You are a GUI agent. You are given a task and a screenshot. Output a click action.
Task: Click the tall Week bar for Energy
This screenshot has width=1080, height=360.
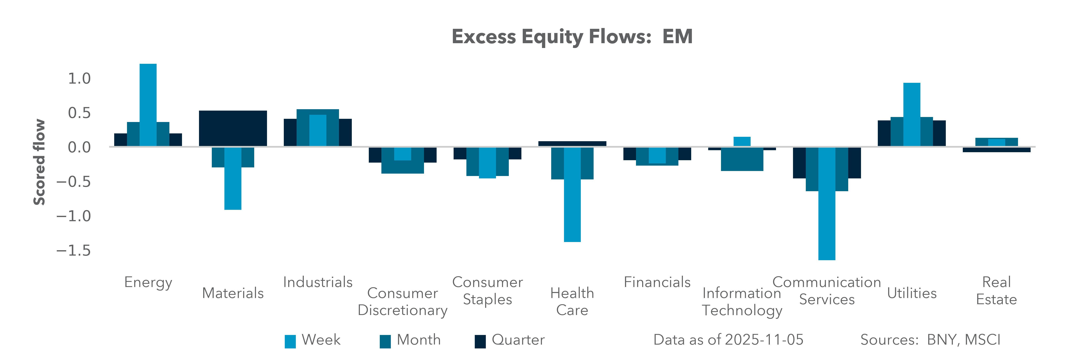click(x=148, y=105)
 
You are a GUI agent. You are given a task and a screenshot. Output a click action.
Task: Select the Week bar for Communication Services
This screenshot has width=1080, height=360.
click(x=827, y=203)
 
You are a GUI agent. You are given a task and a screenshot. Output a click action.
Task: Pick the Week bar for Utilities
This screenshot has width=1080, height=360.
click(x=912, y=114)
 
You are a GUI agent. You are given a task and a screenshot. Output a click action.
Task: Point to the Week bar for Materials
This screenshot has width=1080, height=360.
click(x=233, y=178)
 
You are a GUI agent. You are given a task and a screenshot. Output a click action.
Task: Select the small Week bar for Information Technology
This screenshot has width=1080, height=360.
click(x=742, y=141)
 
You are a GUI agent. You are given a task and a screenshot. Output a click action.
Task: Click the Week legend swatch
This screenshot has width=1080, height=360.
click(x=290, y=341)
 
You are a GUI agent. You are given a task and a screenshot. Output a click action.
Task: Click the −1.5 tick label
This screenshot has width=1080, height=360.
click(x=73, y=251)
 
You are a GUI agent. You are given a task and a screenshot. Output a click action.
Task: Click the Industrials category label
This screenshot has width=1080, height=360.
click(x=318, y=282)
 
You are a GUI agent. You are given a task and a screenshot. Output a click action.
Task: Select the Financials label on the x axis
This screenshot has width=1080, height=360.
click(x=657, y=282)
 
